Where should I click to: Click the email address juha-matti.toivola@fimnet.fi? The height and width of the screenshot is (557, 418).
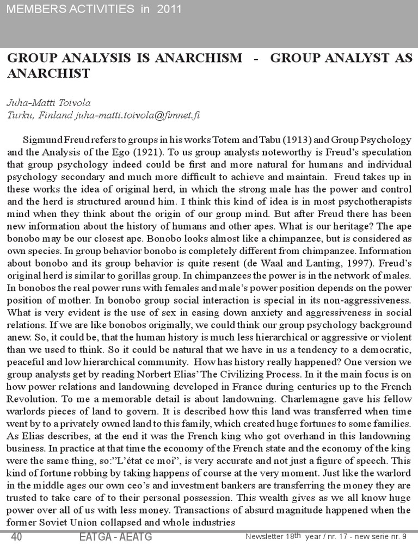[x=138, y=115]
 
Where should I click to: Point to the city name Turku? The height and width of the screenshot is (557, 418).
[x=19, y=115]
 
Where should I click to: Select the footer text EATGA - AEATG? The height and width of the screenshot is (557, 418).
[x=115, y=538]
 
